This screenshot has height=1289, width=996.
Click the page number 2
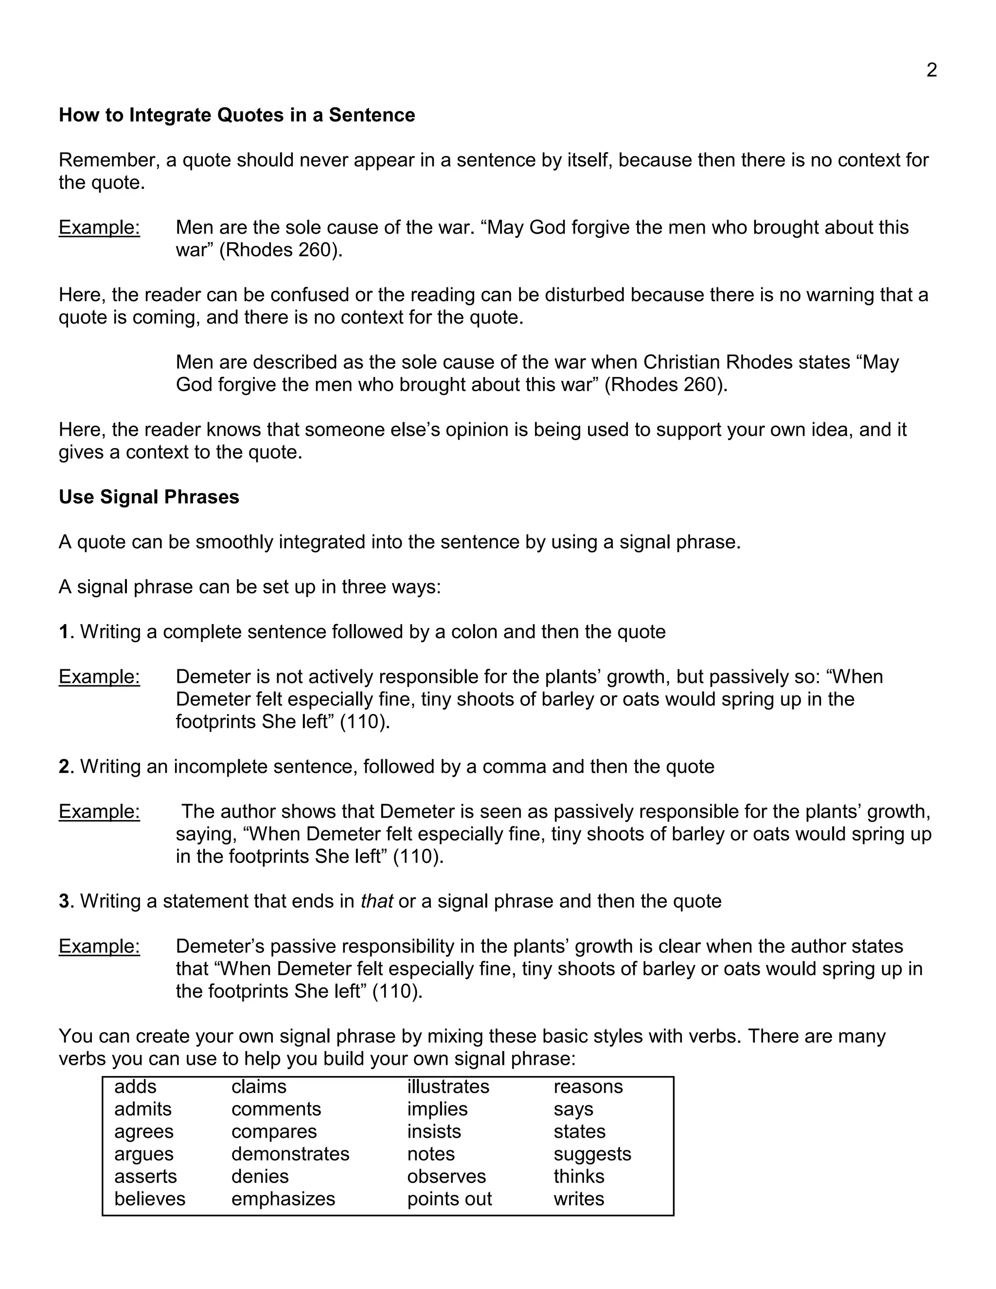[x=932, y=70]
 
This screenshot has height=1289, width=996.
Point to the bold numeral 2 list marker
[x=64, y=766]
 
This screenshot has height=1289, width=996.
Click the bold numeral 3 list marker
[x=64, y=901]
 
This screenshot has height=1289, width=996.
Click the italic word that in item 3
[x=376, y=901]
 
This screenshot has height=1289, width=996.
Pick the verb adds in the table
[x=135, y=1087]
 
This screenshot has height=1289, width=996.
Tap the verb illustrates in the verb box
[x=448, y=1087]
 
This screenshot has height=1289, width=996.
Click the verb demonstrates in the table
[x=290, y=1154]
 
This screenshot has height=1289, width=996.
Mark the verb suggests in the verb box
[x=592, y=1154]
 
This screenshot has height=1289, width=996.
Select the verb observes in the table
[x=446, y=1176]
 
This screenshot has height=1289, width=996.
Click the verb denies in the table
[x=260, y=1176]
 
